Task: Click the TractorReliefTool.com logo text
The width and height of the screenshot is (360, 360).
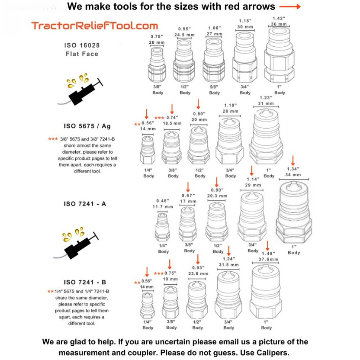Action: tap(94, 26)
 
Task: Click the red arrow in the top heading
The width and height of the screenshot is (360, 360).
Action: tap(289, 6)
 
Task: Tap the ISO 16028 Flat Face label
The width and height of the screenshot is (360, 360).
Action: tap(82, 50)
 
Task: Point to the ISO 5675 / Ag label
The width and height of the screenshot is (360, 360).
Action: tap(87, 126)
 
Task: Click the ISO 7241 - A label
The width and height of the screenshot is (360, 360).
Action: tap(85, 203)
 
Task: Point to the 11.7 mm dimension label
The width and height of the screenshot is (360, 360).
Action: tap(162, 207)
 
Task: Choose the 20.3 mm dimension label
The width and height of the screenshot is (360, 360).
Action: tap(217, 196)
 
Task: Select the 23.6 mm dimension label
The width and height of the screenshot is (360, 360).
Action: tap(198, 273)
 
